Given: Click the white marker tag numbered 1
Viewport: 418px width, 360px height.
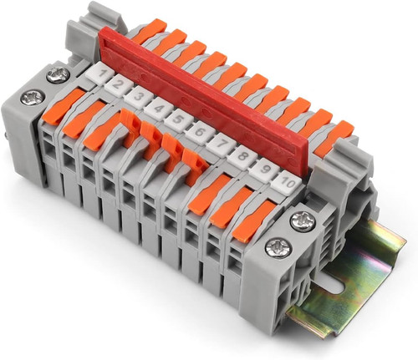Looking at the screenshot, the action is click(x=99, y=73).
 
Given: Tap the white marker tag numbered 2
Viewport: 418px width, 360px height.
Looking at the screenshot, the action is click(x=119, y=85).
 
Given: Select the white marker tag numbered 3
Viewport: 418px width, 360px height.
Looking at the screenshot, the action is click(x=139, y=97).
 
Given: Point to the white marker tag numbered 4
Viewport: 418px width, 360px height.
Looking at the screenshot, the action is click(x=159, y=109).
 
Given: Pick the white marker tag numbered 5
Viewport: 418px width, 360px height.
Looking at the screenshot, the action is click(x=179, y=120).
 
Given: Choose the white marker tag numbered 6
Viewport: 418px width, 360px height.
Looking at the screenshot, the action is click(x=199, y=133).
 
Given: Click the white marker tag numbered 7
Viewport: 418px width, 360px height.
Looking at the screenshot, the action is click(x=221, y=145).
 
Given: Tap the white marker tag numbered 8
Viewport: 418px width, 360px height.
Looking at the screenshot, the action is click(x=242, y=157).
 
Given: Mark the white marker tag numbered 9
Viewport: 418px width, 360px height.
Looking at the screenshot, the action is click(x=264, y=170).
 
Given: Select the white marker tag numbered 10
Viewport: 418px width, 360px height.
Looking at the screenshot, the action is click(x=286, y=182).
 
